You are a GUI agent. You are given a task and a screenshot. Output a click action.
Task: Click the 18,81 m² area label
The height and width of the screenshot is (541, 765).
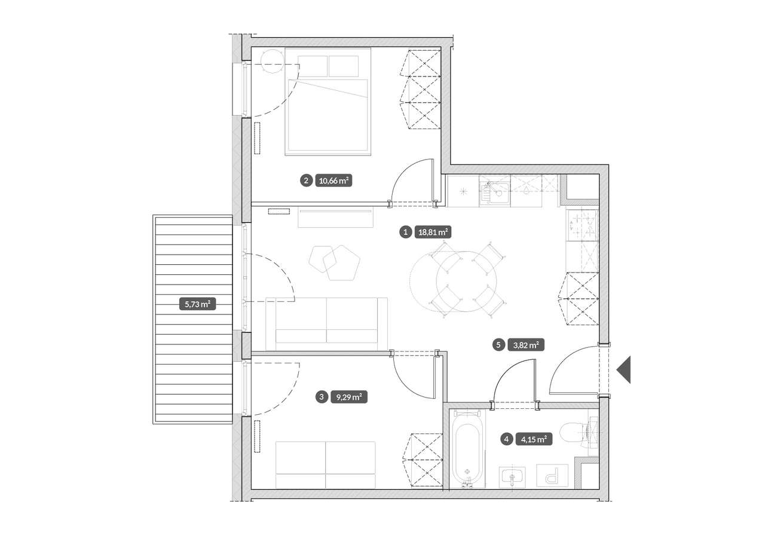(433, 233)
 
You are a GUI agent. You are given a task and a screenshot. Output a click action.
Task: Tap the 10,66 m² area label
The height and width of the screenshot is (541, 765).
(333, 181)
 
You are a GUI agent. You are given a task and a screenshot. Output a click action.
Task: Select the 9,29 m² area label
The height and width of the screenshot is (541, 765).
(349, 397)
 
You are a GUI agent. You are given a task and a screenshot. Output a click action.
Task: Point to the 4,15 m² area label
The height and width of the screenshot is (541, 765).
(534, 439)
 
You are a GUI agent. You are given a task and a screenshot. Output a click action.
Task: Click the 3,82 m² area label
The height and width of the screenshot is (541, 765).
(526, 345)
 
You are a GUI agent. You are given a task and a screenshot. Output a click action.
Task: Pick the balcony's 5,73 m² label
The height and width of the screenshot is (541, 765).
(197, 304)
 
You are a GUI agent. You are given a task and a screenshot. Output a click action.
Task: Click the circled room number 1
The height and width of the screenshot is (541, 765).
(405, 233)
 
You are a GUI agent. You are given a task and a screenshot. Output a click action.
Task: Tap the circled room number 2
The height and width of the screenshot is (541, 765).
(306, 181)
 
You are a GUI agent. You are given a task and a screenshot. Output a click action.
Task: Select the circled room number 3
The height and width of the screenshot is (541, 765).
(321, 397)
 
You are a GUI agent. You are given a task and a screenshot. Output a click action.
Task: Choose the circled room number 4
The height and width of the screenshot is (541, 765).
(506, 439)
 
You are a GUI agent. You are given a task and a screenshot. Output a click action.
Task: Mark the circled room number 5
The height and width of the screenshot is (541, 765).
(498, 345)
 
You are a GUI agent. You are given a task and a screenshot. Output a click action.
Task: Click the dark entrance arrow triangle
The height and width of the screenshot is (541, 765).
(624, 369)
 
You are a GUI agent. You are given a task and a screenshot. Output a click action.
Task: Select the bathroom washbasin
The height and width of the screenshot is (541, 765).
(512, 478)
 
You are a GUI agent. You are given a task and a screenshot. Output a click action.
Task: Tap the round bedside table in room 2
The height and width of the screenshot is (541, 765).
(272, 61)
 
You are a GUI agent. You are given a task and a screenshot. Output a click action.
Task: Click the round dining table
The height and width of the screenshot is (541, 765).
(467, 282)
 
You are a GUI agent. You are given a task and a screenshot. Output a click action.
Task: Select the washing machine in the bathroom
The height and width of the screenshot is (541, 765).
(552, 475)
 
